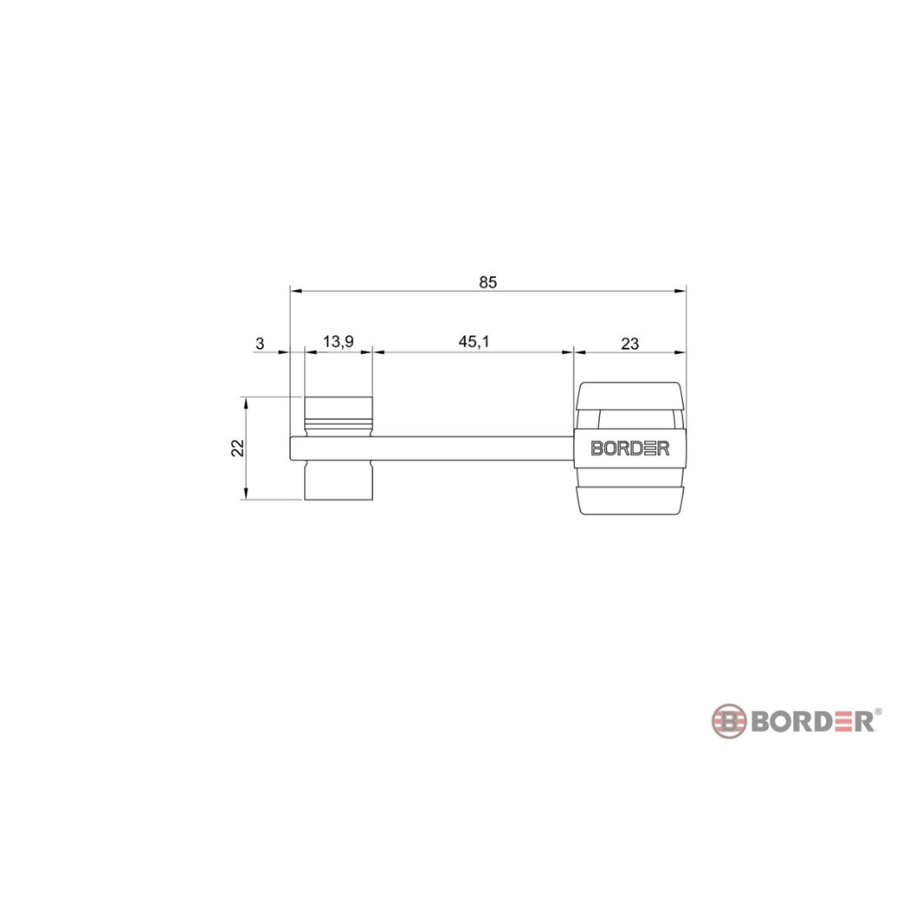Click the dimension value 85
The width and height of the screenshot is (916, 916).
pos(487,282)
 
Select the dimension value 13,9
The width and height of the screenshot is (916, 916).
pos(339,341)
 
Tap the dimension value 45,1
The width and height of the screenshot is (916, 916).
pos(474,341)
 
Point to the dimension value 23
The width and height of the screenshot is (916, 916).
pos(629,344)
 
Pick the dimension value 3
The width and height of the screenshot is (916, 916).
pos(260,344)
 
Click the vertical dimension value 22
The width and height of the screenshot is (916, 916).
pos(237,448)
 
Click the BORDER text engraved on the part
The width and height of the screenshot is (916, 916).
pos(630,448)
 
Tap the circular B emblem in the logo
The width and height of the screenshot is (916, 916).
pos(728,721)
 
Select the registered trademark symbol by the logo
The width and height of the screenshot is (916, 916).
pos(878,713)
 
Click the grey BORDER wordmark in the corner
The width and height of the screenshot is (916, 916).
pos(812,722)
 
